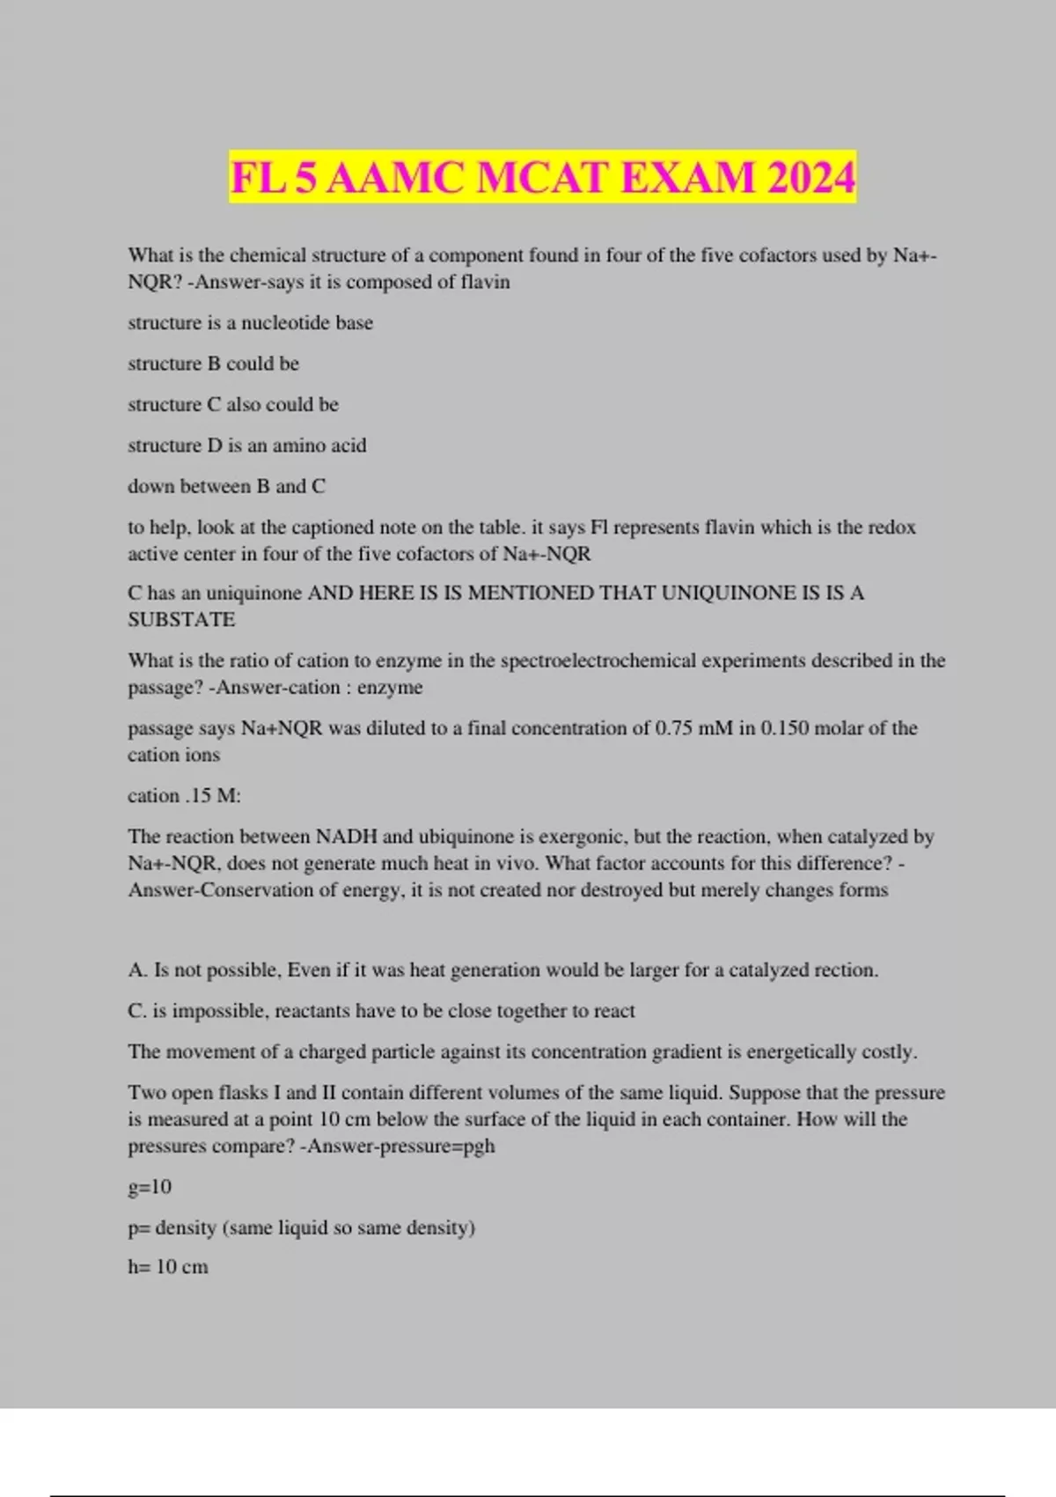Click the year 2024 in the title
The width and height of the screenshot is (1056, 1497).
[810, 178]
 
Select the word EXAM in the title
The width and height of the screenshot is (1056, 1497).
[688, 178]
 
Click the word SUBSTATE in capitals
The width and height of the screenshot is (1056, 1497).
[181, 620]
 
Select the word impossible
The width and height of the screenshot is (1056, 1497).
[218, 1011]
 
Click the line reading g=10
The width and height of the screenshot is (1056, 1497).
[150, 1187]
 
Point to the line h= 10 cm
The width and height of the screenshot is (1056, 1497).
[168, 1267]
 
